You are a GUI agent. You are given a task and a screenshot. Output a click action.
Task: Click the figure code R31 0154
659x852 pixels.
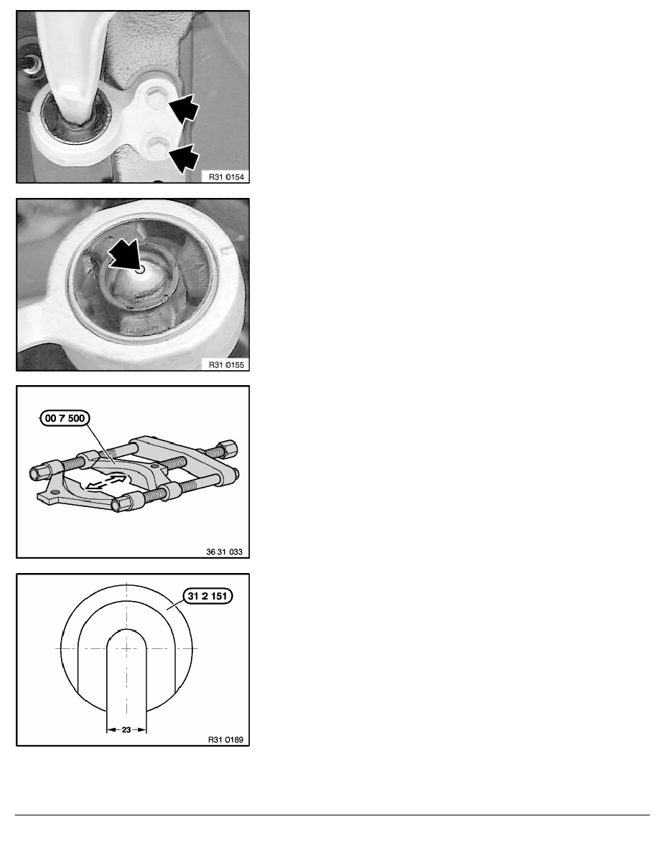pyautogui.click(x=226, y=176)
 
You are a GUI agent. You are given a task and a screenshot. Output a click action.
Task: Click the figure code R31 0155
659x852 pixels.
pyautogui.click(x=226, y=364)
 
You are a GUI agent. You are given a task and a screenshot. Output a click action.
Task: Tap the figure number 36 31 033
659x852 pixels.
pyautogui.click(x=224, y=552)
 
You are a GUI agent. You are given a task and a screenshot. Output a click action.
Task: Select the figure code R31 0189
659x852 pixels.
pyautogui.click(x=225, y=739)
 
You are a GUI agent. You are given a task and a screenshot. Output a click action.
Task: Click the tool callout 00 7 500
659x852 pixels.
pyautogui.click(x=65, y=418)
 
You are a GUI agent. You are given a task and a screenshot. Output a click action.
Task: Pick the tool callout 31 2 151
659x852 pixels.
pyautogui.click(x=207, y=596)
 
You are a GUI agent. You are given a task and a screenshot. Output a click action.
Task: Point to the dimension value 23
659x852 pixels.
pyautogui.click(x=126, y=730)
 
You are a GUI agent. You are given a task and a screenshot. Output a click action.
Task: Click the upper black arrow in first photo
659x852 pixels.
pyautogui.click(x=184, y=108)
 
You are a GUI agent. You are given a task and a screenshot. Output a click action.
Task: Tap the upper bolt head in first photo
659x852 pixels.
pyautogui.click(x=156, y=95)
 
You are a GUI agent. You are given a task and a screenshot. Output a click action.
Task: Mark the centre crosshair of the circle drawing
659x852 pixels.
pyautogui.click(x=126, y=648)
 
